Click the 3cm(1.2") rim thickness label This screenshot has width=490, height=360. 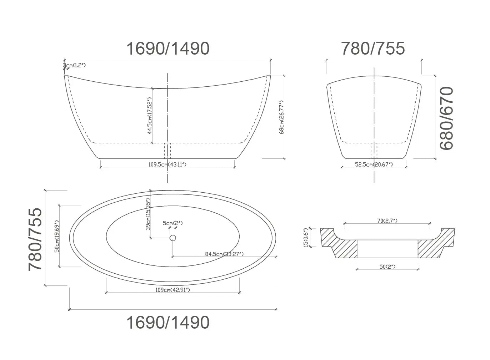coord(75,65)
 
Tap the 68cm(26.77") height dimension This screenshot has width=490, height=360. coord(282,117)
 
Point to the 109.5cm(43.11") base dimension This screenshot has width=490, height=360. coord(167,164)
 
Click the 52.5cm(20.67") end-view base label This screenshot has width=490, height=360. coord(374,164)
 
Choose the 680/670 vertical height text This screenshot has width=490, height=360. coord(446,118)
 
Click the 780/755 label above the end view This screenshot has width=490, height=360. coord(373,49)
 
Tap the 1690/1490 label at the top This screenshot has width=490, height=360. coord(168,49)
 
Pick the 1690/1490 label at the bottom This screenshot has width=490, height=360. coord(168,323)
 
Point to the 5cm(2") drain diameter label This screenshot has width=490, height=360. coord(173,223)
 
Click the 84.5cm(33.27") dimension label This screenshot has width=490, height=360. coord(224,254)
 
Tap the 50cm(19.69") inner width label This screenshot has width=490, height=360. coord(56,236)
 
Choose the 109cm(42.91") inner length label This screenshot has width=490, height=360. coord(173,290)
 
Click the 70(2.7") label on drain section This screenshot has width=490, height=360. coord(387,221)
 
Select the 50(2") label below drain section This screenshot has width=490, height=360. coord(387,267)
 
